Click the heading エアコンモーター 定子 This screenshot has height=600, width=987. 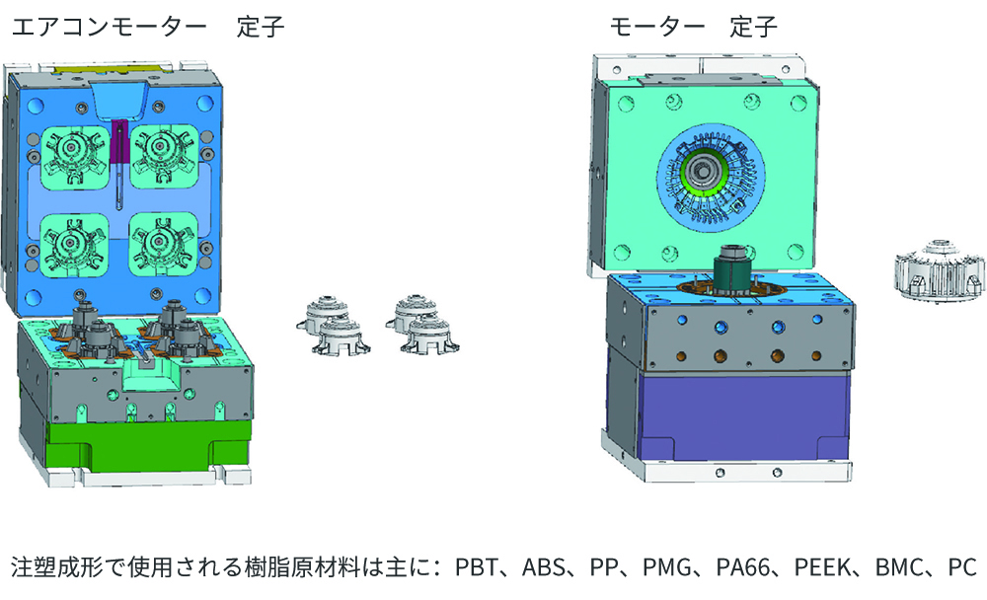click(x=148, y=28)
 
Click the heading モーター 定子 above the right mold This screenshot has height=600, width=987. click(x=693, y=28)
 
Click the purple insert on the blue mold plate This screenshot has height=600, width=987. click(x=119, y=143)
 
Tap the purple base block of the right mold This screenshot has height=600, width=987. click(x=743, y=415)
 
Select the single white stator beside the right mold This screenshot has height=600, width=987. click(x=940, y=269)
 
